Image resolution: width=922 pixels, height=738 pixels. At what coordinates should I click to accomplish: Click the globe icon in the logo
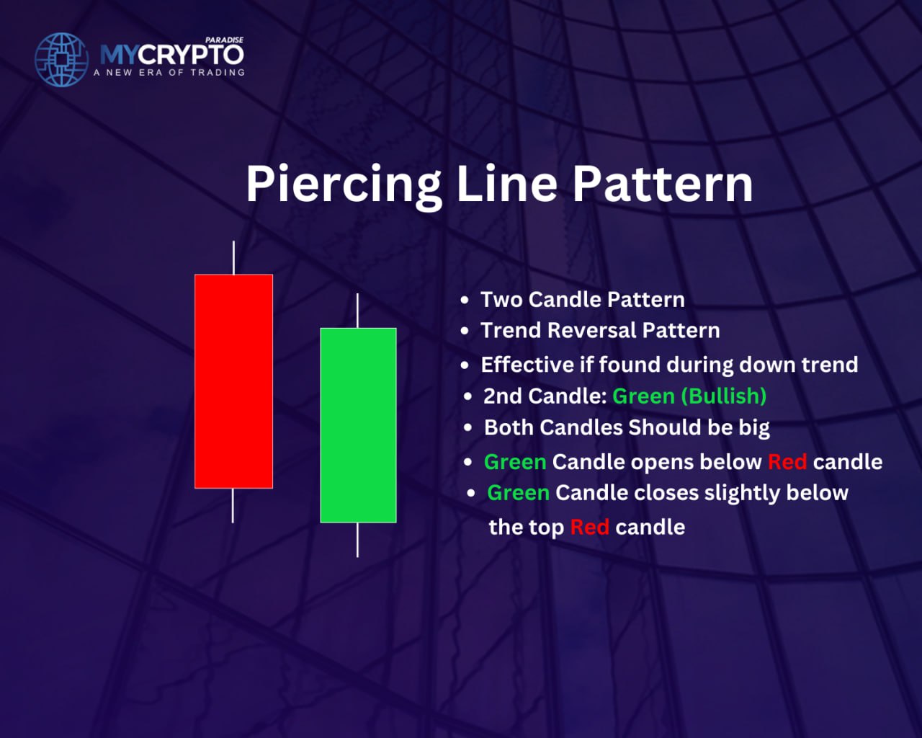coord(61,60)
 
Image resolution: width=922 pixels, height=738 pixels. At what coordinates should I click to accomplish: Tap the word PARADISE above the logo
coord(224,40)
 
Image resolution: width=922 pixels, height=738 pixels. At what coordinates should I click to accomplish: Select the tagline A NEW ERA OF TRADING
coord(169,73)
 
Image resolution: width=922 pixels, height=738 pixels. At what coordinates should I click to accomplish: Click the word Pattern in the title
coord(663,184)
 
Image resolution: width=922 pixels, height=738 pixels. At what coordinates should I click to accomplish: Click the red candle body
coord(233,381)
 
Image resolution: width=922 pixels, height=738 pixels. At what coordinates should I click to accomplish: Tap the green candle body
coord(358,425)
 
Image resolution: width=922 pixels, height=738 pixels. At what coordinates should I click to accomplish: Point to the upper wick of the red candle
coord(233,258)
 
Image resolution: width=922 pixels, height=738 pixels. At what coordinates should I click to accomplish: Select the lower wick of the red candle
coord(233,506)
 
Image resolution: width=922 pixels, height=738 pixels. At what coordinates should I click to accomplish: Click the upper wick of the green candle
coord(357,311)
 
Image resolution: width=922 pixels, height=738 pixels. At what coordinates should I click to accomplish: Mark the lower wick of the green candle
coord(357,540)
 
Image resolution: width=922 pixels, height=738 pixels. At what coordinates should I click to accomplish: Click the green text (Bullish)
coord(724,396)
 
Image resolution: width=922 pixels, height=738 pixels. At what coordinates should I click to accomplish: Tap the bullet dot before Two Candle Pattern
coord(465,301)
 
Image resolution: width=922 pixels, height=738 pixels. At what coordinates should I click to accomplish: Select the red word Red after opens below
coord(787,462)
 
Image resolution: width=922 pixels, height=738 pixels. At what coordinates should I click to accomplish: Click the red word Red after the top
coord(589,527)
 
